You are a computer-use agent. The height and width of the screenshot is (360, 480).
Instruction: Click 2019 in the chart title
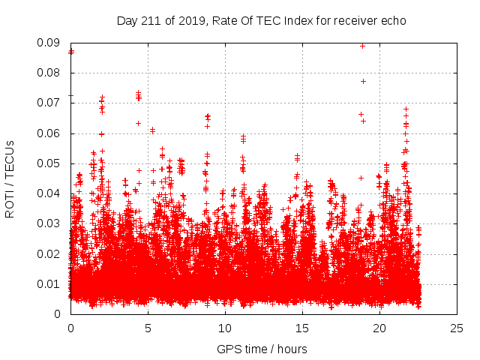[x=190, y=20]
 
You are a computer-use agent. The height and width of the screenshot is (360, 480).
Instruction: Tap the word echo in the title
[x=391, y=20]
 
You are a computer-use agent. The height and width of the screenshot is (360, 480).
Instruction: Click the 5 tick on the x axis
[x=148, y=328]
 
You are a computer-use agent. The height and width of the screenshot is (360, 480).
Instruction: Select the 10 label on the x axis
[x=225, y=328]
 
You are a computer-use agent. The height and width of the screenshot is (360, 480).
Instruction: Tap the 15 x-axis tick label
[x=302, y=328]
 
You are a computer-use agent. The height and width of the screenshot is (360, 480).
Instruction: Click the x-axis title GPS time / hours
[x=262, y=349]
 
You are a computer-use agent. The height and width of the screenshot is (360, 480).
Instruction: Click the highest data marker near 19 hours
[x=363, y=46]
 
